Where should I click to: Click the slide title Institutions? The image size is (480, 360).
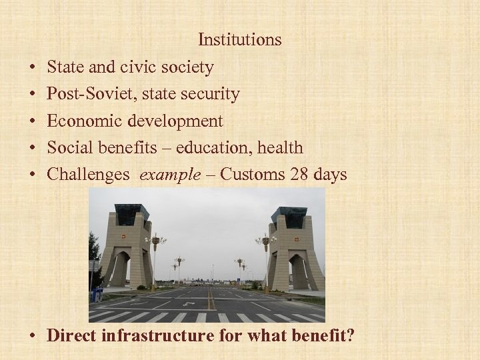[239, 40]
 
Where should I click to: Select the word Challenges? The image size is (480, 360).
[89, 175]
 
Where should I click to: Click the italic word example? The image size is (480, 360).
[169, 175]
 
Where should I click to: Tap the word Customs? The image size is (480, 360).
[253, 175]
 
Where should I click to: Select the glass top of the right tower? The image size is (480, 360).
[288, 217]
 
